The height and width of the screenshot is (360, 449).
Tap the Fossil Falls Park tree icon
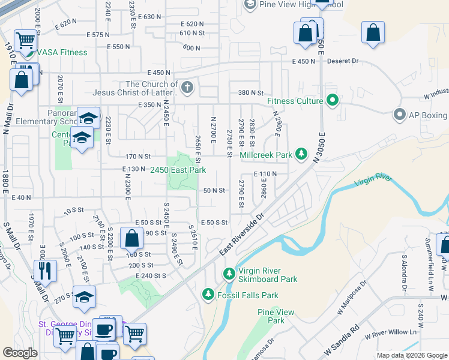pos(208,295)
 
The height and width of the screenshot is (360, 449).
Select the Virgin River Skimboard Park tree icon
pos(228,274)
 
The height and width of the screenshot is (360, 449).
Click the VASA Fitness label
pos(62,52)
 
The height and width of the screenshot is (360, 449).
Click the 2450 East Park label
pos(178,170)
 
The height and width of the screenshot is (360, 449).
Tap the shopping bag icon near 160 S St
pos(131,238)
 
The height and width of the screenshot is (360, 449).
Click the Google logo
pos(20,353)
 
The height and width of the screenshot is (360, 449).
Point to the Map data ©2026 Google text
pos(411,355)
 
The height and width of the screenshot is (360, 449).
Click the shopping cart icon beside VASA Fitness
pos(26,41)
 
